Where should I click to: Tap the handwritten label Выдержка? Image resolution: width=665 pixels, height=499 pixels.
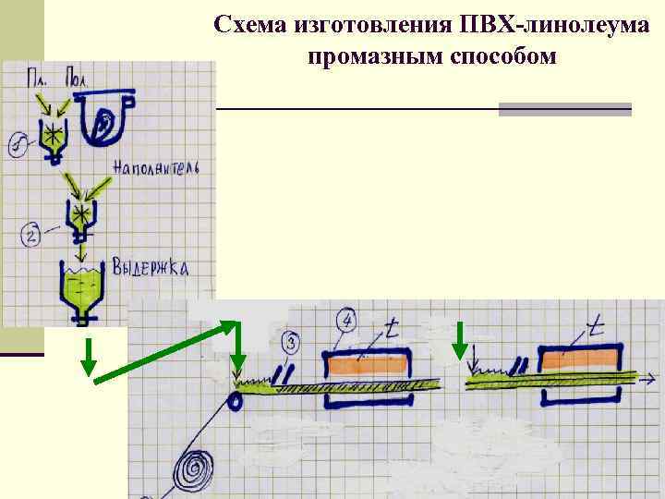(x=151, y=268)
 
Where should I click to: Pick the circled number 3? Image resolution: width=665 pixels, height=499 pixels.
(x=290, y=345)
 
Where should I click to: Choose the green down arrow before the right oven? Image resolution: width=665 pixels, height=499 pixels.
(x=460, y=339)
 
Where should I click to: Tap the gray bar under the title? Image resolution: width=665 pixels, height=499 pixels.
(x=564, y=109)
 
